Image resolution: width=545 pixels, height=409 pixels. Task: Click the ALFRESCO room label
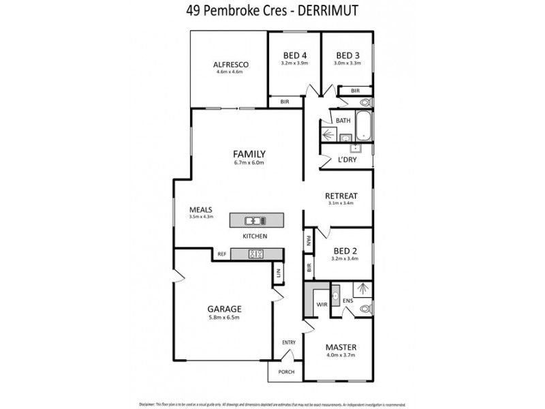229,65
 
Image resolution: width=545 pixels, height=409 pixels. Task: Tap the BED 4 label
294,55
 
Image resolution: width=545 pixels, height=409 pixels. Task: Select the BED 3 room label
347,55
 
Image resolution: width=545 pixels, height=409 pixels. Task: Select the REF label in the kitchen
221,254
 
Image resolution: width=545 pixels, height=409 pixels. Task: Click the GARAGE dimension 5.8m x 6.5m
224,318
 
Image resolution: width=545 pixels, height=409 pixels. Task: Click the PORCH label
285,373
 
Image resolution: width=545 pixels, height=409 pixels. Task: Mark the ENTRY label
289,342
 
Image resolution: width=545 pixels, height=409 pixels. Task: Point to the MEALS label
202,209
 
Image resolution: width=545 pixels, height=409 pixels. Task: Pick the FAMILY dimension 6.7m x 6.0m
249,163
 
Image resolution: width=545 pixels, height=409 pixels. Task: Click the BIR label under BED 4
285,101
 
